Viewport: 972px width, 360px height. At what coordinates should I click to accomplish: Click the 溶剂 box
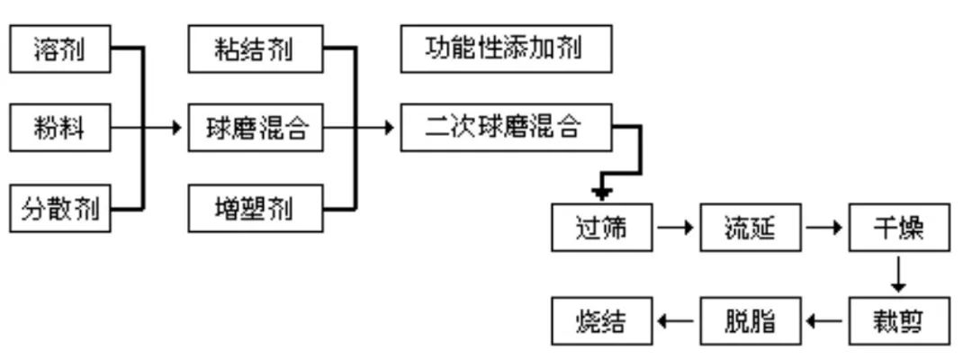coord(60,49)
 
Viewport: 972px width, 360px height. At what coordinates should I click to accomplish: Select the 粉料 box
coord(60,129)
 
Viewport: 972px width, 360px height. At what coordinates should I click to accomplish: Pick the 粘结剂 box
coord(255,49)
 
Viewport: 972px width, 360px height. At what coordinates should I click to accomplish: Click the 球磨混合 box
coord(255,129)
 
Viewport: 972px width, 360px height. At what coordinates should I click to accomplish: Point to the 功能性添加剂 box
coord(506,49)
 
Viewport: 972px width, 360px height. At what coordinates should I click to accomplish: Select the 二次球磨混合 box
coord(506,128)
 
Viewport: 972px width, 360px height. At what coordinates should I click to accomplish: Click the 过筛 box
coord(600,228)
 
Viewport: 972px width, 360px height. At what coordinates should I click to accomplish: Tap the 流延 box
coord(750,228)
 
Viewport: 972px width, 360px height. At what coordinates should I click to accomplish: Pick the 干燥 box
coord(898,228)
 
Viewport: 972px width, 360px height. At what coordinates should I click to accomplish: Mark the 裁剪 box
coord(898,319)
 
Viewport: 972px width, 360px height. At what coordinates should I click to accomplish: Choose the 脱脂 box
coord(750,319)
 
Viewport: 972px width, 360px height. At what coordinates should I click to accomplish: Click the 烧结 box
coord(600,319)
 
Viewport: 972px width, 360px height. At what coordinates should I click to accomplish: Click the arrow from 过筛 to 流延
coord(675,228)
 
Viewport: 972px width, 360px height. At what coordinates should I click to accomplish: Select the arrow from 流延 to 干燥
coord(823,228)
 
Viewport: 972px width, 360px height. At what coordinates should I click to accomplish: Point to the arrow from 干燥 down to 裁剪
coord(898,273)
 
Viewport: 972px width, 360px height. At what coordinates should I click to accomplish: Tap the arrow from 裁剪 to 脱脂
coord(823,319)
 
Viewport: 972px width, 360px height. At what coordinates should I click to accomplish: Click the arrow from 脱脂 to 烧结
coord(675,319)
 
